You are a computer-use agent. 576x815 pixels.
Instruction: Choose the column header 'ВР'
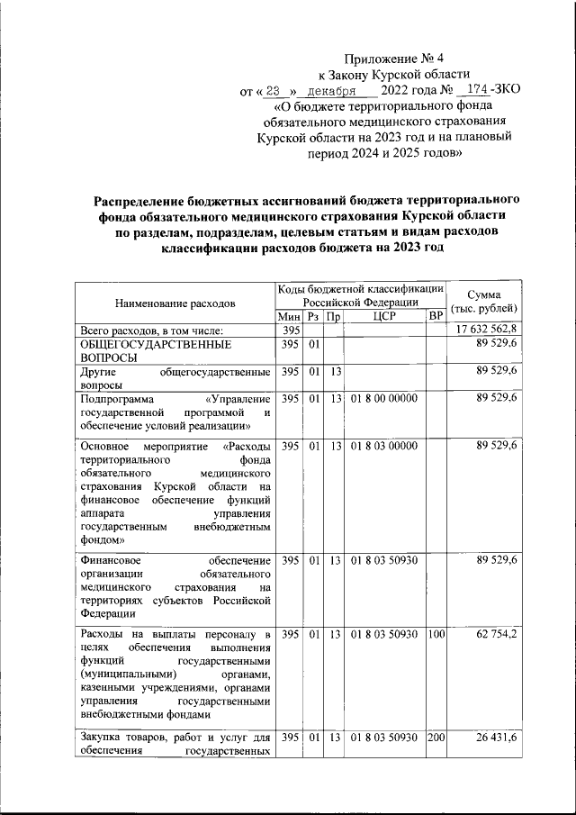[x=436, y=316]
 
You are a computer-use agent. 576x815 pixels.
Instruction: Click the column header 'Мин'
[x=288, y=316]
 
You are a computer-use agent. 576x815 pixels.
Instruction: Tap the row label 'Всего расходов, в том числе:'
[x=157, y=331]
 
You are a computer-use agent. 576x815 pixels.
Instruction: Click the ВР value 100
[x=436, y=635]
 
